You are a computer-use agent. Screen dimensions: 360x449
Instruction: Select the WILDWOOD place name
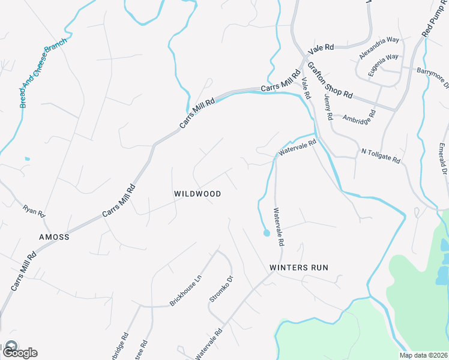(197, 194)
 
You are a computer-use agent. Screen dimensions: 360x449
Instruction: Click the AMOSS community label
(54, 237)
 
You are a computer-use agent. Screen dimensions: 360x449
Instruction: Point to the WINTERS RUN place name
(299, 267)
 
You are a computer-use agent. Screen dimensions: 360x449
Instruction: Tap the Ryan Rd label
(34, 211)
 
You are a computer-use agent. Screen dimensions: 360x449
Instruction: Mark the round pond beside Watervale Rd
(266, 233)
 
